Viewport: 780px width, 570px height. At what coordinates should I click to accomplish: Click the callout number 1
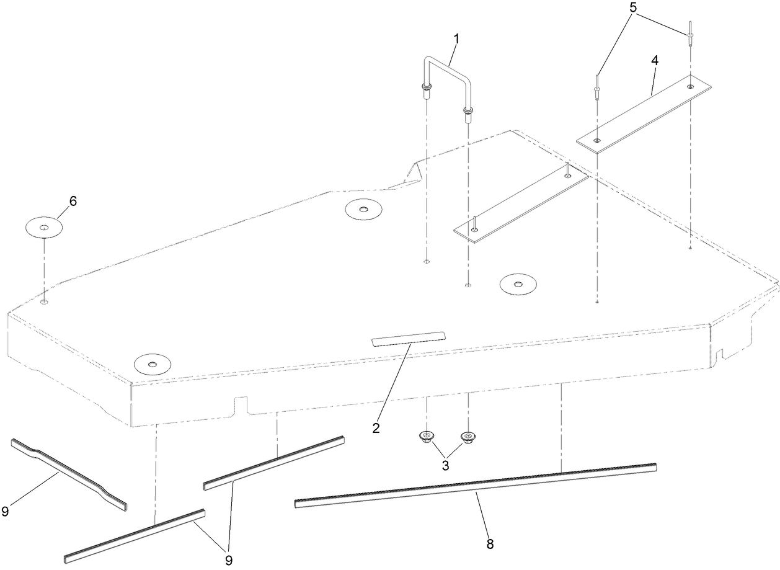pos(456,38)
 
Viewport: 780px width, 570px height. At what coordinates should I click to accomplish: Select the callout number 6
pos(73,201)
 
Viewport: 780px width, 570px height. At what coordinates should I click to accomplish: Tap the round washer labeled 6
pos(43,228)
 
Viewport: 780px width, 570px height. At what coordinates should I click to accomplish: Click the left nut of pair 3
pos(426,437)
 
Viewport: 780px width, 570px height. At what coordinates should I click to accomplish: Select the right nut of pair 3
pos(468,438)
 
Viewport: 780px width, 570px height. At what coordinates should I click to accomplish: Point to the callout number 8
pos(490,545)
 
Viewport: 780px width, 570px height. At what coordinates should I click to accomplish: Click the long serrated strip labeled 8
pos(475,485)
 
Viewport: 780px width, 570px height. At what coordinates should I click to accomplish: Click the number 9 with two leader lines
pos(229,560)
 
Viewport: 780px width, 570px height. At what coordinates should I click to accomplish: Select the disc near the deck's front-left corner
pos(152,363)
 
